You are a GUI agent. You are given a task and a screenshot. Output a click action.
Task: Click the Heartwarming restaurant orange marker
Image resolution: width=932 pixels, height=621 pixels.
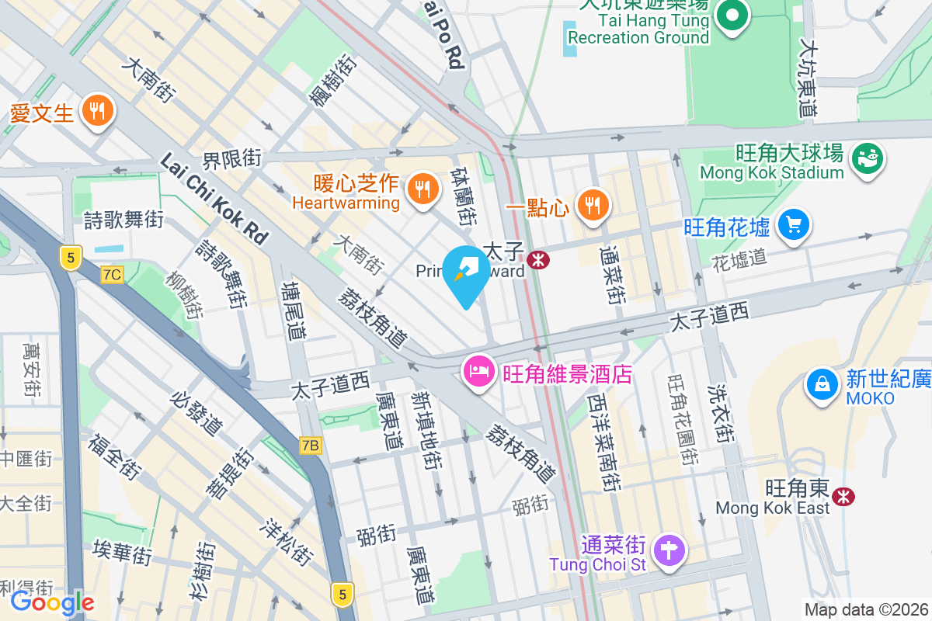click(423, 189)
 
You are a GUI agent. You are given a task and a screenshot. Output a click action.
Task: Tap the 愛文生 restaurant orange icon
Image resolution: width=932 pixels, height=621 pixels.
click(97, 111)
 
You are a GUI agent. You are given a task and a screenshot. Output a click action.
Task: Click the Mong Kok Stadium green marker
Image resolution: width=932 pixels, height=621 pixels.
click(867, 159)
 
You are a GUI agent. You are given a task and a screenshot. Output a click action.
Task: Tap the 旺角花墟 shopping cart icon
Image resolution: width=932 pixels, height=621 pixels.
click(793, 226)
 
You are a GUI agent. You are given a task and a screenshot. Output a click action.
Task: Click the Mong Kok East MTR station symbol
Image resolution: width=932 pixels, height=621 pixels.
click(843, 495)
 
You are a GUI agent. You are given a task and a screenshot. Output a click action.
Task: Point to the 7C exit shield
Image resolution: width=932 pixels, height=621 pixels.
click(112, 274)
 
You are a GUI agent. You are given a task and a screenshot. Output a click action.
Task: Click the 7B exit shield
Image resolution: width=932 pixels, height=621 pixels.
click(311, 445)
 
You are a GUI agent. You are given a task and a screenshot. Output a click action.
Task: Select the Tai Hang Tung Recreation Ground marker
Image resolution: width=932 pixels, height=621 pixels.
click(732, 15)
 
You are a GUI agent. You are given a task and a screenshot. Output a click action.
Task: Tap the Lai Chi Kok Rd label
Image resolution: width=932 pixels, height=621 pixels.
click(214, 197)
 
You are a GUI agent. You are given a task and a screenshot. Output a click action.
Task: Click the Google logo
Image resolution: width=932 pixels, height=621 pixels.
click(52, 602)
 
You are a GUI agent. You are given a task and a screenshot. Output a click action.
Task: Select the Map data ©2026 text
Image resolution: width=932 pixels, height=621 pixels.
click(866, 609)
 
